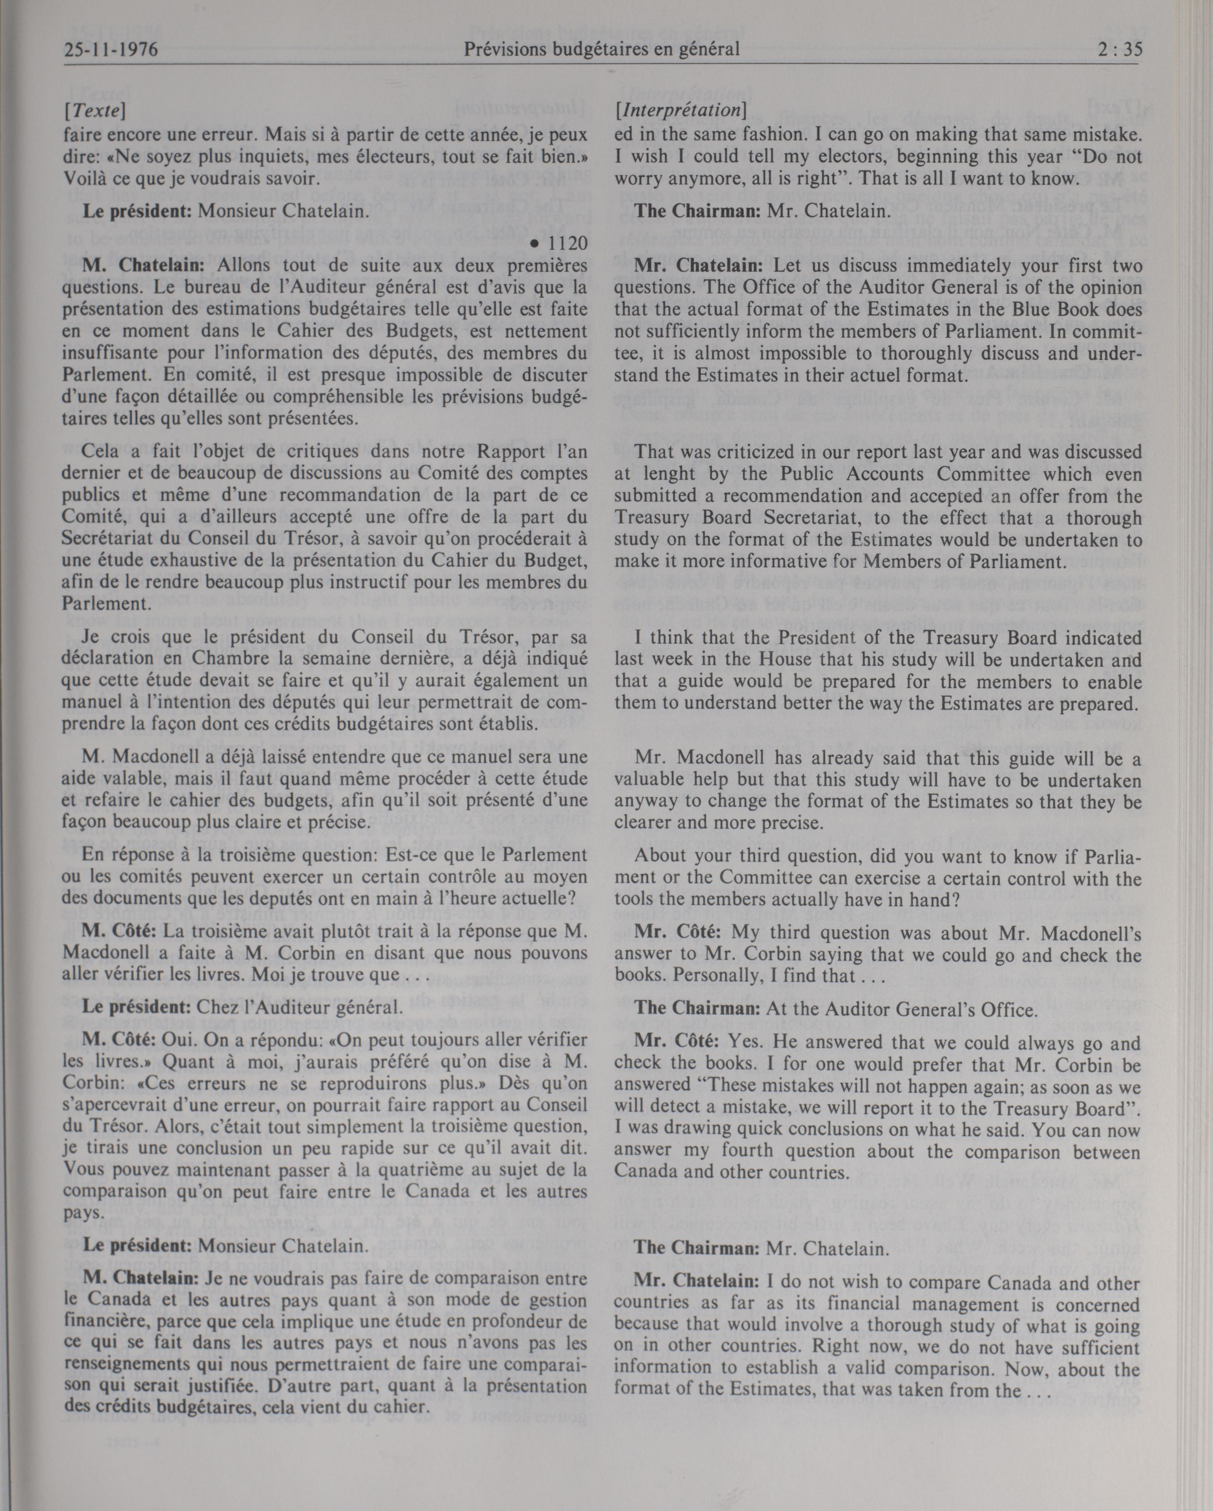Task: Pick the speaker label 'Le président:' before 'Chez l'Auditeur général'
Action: click(137, 1009)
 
